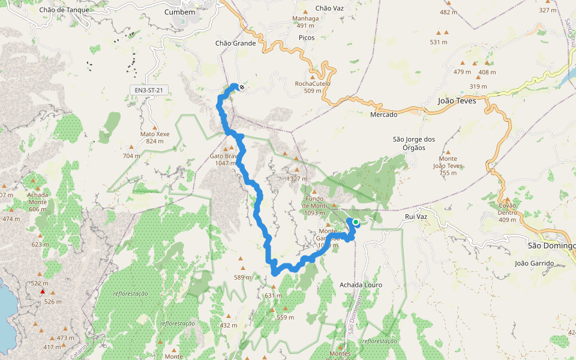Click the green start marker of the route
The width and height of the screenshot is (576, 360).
(x=355, y=222)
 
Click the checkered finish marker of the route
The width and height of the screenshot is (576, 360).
(x=241, y=88)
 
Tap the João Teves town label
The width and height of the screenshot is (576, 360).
(x=457, y=101)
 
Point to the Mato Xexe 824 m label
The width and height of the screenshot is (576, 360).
(x=155, y=137)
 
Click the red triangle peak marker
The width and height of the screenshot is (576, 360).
(x=42, y=292)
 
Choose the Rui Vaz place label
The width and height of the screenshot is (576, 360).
(x=415, y=217)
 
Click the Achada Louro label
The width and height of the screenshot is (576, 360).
(x=361, y=284)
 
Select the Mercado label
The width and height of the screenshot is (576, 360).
(x=384, y=115)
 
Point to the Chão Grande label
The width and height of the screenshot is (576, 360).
(x=235, y=43)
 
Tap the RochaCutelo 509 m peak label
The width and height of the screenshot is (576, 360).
(x=313, y=87)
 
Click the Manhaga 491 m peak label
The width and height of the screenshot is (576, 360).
(x=305, y=22)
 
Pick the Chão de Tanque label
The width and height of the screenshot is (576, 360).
(x=64, y=10)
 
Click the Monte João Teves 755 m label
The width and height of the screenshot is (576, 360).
(x=452, y=166)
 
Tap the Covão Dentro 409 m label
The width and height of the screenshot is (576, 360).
(x=508, y=212)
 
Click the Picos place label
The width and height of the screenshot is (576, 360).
(x=306, y=37)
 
